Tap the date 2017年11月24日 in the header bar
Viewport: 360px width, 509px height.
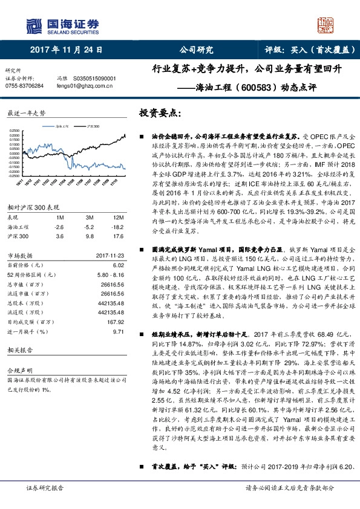click(66, 50)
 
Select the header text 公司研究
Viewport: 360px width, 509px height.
click(197, 50)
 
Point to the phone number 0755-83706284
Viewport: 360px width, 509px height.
click(24, 86)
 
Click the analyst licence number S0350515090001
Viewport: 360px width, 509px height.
click(95, 79)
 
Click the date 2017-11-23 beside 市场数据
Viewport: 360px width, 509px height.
click(109, 256)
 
